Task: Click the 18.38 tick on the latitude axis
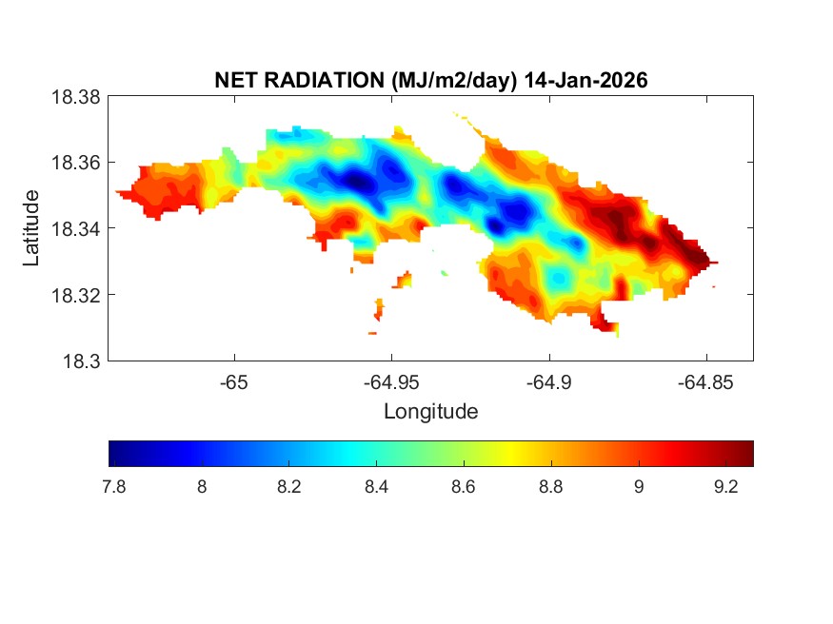pos(74,96)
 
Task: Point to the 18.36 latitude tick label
pos(74,163)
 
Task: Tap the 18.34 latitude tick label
pos(74,228)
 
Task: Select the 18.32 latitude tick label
pos(74,295)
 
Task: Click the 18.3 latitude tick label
pos(80,361)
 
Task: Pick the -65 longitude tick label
pos(233,383)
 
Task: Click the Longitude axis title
pos(430,412)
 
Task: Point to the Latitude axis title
pos(32,228)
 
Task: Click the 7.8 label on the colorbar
pos(114,487)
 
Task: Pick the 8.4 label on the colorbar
pos(376,487)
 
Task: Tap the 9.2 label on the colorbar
pos(725,487)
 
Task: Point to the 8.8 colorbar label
pos(550,487)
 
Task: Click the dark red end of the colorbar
pos(748,454)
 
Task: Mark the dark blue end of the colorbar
pos(115,454)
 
